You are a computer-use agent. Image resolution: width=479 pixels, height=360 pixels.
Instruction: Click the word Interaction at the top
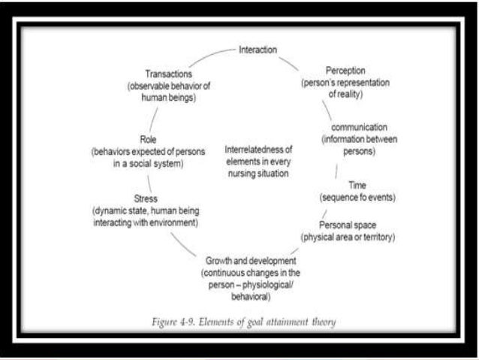coord(258,50)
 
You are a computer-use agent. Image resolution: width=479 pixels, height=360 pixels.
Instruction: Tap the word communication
coord(359,128)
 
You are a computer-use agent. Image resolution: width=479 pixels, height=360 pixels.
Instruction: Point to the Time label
coord(357,185)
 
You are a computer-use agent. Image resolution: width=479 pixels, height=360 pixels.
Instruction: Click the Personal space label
coord(348,225)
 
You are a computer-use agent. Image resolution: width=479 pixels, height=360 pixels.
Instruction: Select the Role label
coord(148,139)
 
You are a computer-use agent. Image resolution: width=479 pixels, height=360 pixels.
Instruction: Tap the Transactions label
coord(169,74)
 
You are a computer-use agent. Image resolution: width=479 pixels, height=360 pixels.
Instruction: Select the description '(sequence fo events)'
coord(357,197)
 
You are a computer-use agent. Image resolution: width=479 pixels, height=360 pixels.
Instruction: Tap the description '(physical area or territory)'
coord(348,237)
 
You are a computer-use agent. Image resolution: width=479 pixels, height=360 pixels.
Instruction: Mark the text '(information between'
coord(359,140)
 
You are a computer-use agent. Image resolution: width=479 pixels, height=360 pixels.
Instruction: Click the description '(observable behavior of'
coord(169,86)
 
